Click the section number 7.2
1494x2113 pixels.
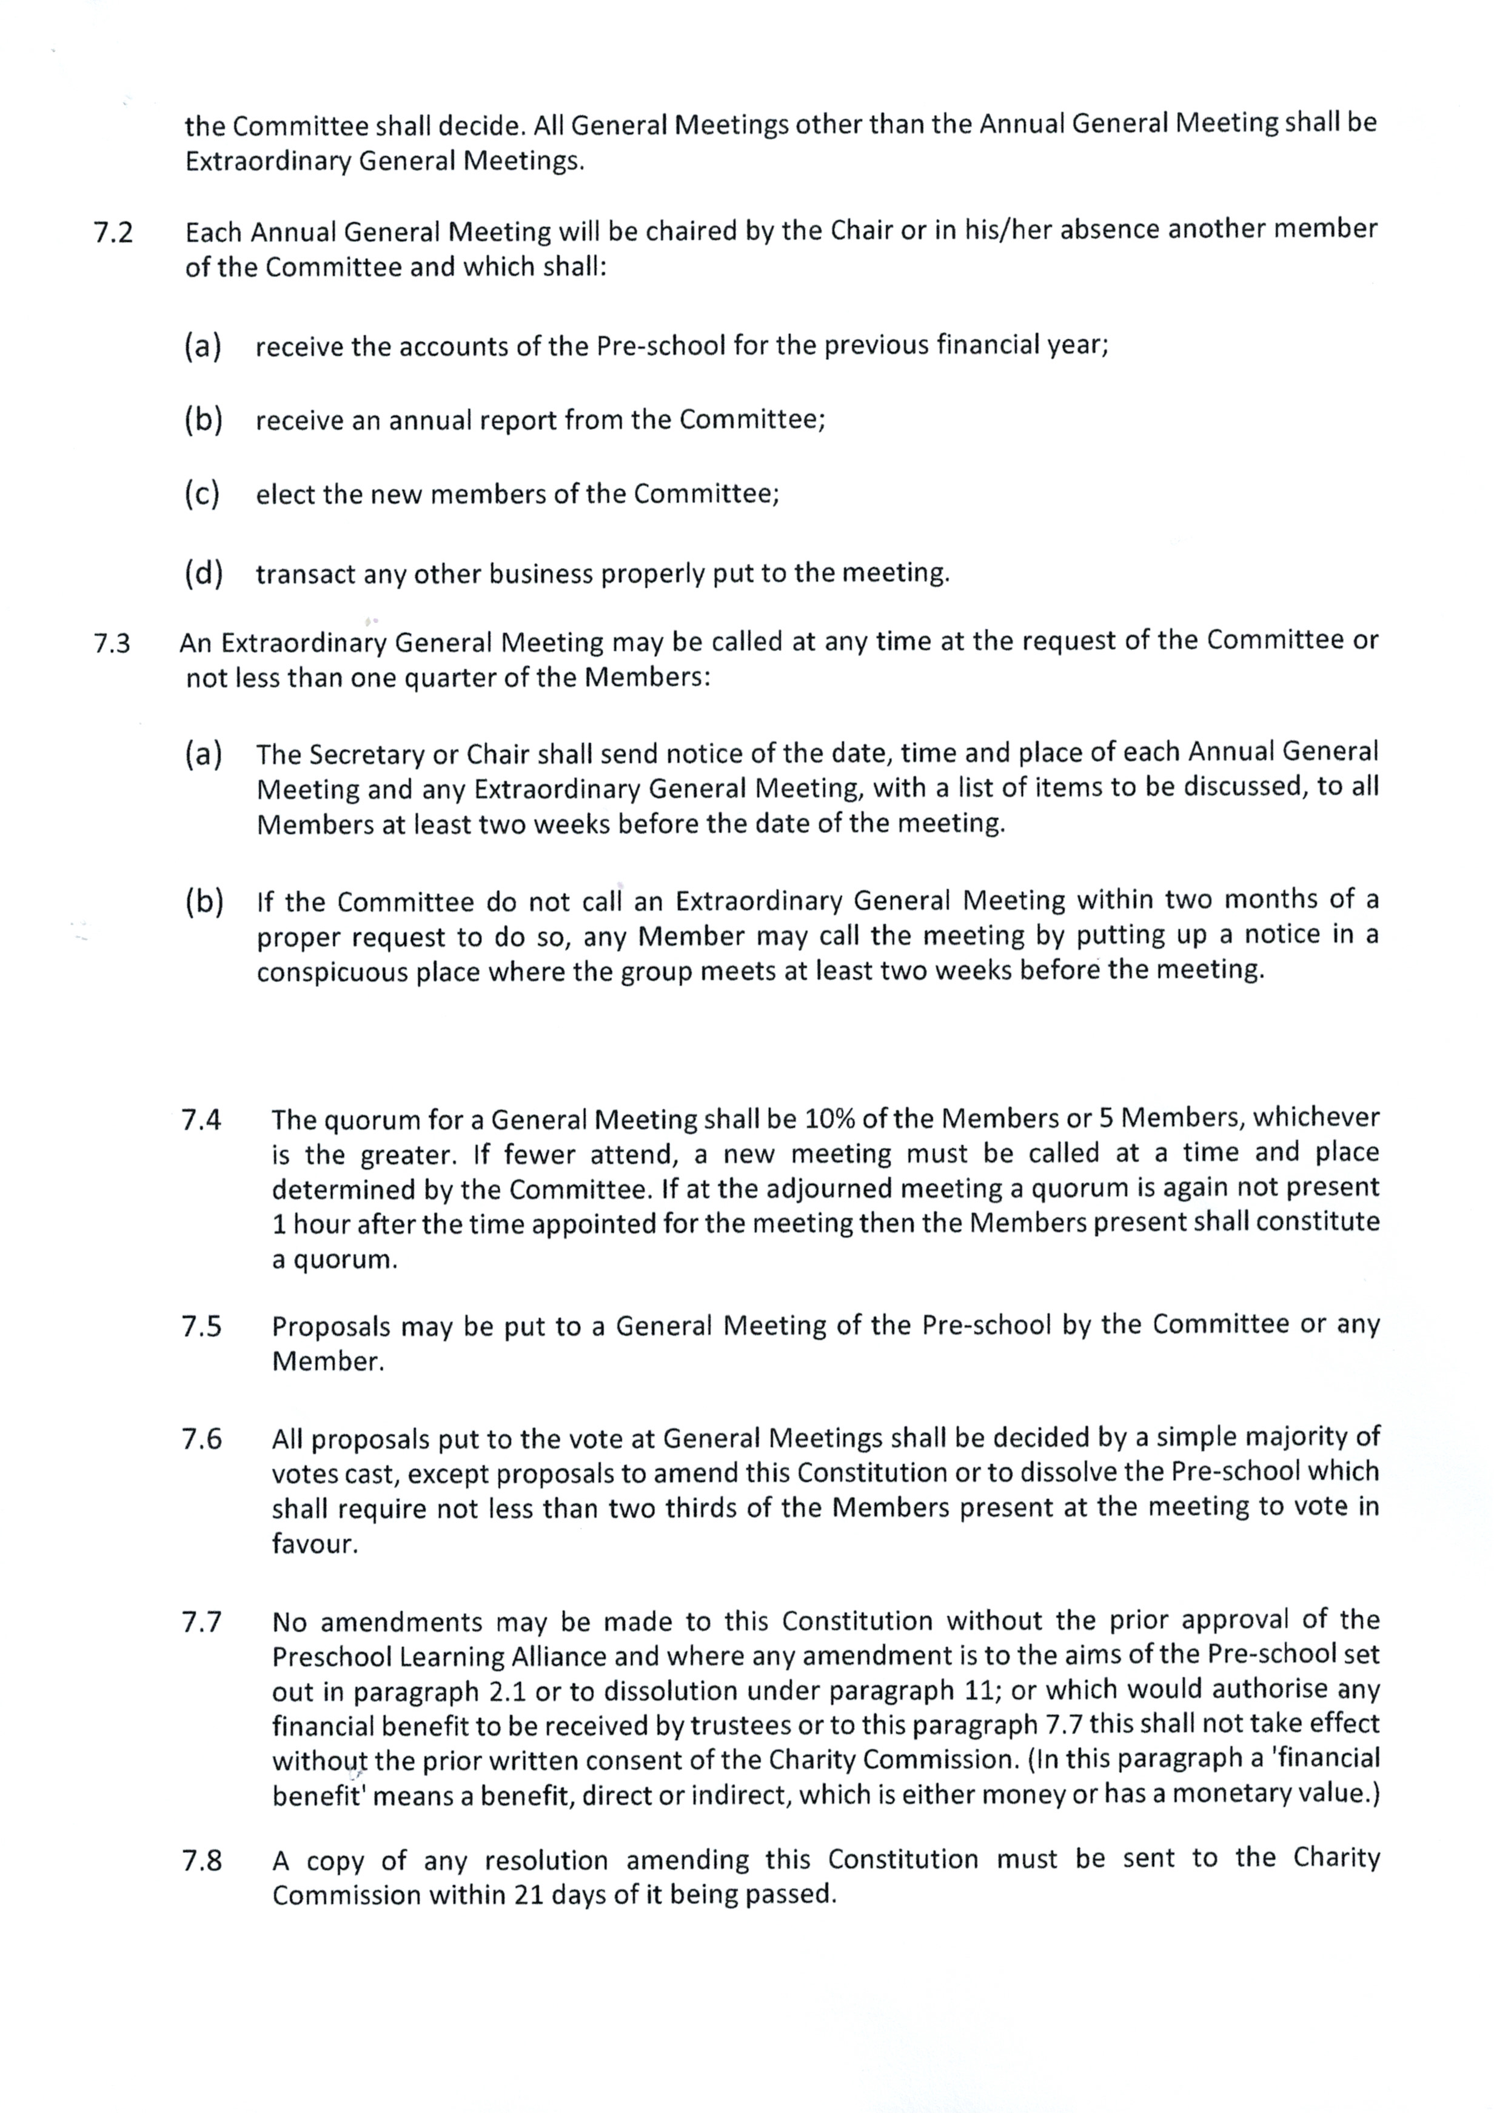(x=113, y=232)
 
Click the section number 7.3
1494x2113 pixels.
(x=112, y=643)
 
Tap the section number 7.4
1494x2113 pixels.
(x=201, y=1120)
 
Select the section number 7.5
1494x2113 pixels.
(x=201, y=1327)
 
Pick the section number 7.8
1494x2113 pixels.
(x=201, y=1861)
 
